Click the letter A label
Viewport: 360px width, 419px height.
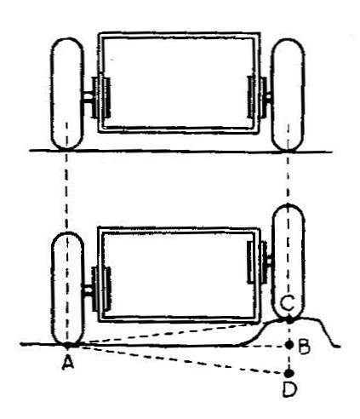68,362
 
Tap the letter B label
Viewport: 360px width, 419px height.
304,347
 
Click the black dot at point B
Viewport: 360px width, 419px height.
289,345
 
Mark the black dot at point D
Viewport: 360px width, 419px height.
289,373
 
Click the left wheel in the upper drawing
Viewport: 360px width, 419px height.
67,94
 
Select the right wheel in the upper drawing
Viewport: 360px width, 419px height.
288,95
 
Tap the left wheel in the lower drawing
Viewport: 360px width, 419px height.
67,289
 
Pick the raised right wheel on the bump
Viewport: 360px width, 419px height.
289,262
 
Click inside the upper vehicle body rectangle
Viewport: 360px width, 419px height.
179,83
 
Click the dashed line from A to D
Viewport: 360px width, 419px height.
178,359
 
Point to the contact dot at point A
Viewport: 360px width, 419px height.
67,345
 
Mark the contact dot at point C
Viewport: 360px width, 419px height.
289,320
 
